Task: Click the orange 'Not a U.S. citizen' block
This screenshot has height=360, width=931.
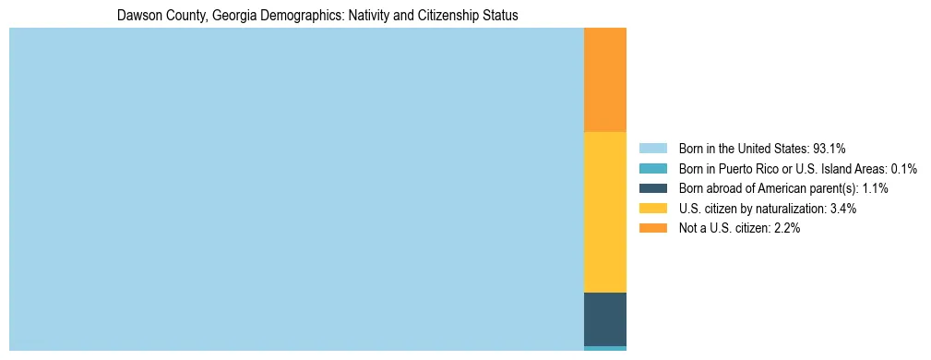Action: [605, 80]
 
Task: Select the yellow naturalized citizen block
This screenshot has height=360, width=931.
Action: [605, 212]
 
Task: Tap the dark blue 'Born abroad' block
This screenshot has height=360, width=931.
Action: [605, 318]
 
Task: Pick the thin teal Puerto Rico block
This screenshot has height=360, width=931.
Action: [605, 348]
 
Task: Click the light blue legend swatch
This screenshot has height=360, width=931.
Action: [652, 149]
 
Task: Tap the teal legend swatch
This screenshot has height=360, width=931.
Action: [652, 169]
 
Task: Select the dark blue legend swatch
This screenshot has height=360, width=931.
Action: [652, 188]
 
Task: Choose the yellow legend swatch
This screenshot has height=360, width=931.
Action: [652, 209]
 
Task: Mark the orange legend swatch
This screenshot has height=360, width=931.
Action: [652, 228]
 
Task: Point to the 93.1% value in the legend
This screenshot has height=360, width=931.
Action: [830, 149]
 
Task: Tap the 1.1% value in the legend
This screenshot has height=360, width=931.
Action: [874, 188]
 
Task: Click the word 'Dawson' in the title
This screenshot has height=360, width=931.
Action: [139, 16]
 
